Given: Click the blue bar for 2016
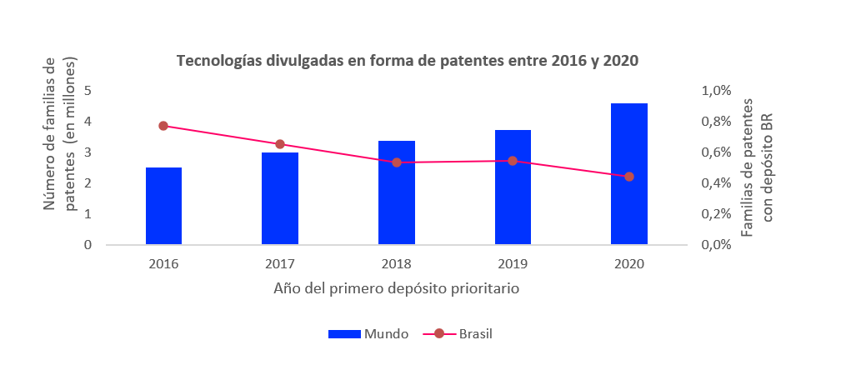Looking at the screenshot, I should click(x=163, y=207).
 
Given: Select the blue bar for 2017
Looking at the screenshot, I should click(x=280, y=199).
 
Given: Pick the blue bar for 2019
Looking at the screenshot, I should click(x=513, y=187).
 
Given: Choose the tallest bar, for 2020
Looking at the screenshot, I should click(x=629, y=174).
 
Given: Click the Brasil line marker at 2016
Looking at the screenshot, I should click(x=163, y=126).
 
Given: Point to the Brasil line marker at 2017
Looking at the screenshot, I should click(x=280, y=144).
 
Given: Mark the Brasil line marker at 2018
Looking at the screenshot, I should click(x=397, y=162).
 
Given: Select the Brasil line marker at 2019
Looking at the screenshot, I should click(x=513, y=161).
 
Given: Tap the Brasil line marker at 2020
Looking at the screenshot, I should click(x=629, y=177).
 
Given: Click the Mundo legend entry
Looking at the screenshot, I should click(x=368, y=334).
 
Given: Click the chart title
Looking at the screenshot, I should click(x=412, y=61).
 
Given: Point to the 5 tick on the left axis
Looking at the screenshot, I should click(x=88, y=90).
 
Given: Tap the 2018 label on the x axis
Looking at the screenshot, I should click(x=397, y=263).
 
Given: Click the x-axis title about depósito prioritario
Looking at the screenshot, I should click(x=396, y=289).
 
